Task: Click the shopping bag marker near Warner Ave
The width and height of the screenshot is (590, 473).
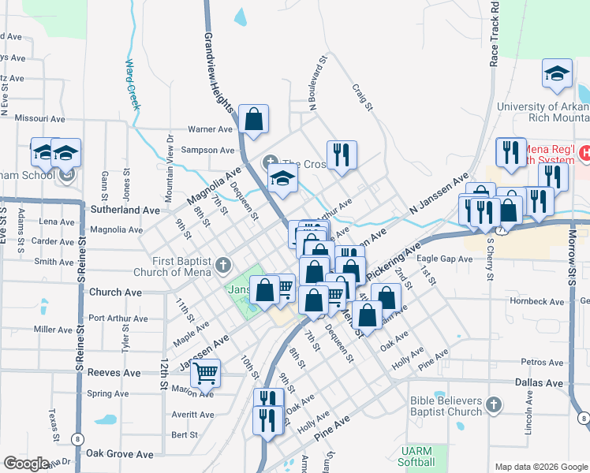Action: click(254, 120)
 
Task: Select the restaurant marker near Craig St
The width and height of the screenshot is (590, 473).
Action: click(342, 155)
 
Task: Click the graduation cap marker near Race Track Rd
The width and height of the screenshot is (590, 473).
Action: click(557, 75)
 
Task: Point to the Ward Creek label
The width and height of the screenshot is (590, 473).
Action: click(132, 83)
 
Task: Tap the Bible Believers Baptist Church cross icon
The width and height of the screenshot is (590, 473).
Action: click(494, 405)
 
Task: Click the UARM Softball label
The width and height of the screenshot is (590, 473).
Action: click(417, 456)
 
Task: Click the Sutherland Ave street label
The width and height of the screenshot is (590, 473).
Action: click(125, 211)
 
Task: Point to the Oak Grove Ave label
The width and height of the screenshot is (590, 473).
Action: click(119, 454)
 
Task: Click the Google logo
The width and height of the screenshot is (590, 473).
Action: click(27, 464)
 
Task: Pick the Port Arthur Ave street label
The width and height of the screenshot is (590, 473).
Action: click(118, 318)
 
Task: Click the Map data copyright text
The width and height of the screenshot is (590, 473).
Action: click(540, 466)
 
